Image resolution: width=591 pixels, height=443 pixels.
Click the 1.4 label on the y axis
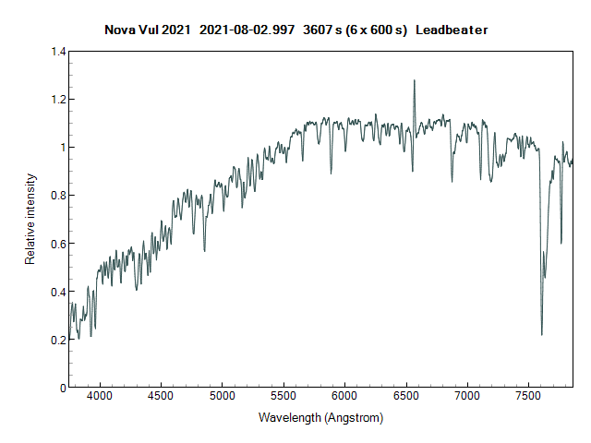click(57, 52)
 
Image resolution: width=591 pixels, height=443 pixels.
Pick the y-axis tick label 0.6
click(57, 244)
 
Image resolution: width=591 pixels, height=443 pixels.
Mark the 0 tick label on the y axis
click(62, 388)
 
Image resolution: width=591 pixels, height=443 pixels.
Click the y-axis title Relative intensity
click(30, 219)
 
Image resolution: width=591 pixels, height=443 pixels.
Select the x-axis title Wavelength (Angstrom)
click(320, 418)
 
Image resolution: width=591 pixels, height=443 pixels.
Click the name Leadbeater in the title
click(452, 30)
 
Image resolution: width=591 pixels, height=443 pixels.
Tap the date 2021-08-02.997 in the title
click(251, 30)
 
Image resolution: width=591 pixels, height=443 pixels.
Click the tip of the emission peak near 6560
click(414, 80)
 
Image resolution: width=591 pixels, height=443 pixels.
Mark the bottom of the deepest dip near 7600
click(542, 334)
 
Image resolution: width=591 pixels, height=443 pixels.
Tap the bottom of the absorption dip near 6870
click(452, 181)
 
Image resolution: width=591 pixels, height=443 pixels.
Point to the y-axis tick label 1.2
click(57, 100)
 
